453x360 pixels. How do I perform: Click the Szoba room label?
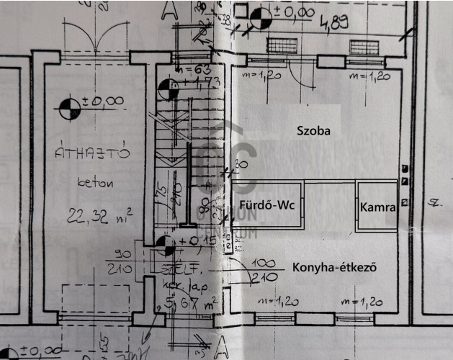coord(313,131)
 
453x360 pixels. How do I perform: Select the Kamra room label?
coord(377,207)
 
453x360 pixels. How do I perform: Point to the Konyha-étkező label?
coord(335,268)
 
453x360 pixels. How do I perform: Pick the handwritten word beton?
coord(95,182)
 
